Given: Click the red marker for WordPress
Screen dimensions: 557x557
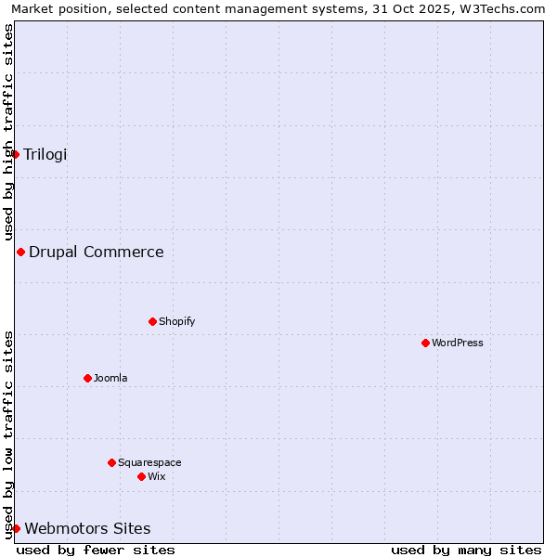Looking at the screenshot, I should pos(425,343).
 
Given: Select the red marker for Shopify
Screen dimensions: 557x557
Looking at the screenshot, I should pos(152,321).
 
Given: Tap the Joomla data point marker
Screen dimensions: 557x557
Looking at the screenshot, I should pos(87,378).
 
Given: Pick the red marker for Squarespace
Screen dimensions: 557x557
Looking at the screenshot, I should pos(111,462).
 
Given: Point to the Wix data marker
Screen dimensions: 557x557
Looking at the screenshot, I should pos(141,476).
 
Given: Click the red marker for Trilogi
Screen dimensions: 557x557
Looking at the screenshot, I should pos(16,154).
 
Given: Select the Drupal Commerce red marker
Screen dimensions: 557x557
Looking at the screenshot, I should pos(20,252).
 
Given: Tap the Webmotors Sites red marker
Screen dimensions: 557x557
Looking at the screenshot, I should pos(16,528).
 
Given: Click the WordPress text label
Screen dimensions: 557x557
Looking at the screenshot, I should pos(458,343).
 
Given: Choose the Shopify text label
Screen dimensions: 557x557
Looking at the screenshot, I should pos(176,321).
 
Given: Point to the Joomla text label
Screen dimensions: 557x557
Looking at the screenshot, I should pos(110,378).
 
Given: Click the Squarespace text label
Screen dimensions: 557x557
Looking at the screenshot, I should pos(149,462).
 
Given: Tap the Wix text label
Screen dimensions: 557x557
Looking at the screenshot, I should pos(156,476).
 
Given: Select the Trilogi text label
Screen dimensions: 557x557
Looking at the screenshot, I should pos(45,154).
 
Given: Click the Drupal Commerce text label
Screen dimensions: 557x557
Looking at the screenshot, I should pos(97,252).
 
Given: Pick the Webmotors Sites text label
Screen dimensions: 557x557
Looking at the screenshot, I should pos(87,528).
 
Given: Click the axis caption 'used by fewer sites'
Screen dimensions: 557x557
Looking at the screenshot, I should pos(96,550).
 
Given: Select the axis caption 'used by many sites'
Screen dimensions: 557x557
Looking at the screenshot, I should pos(466,550).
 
